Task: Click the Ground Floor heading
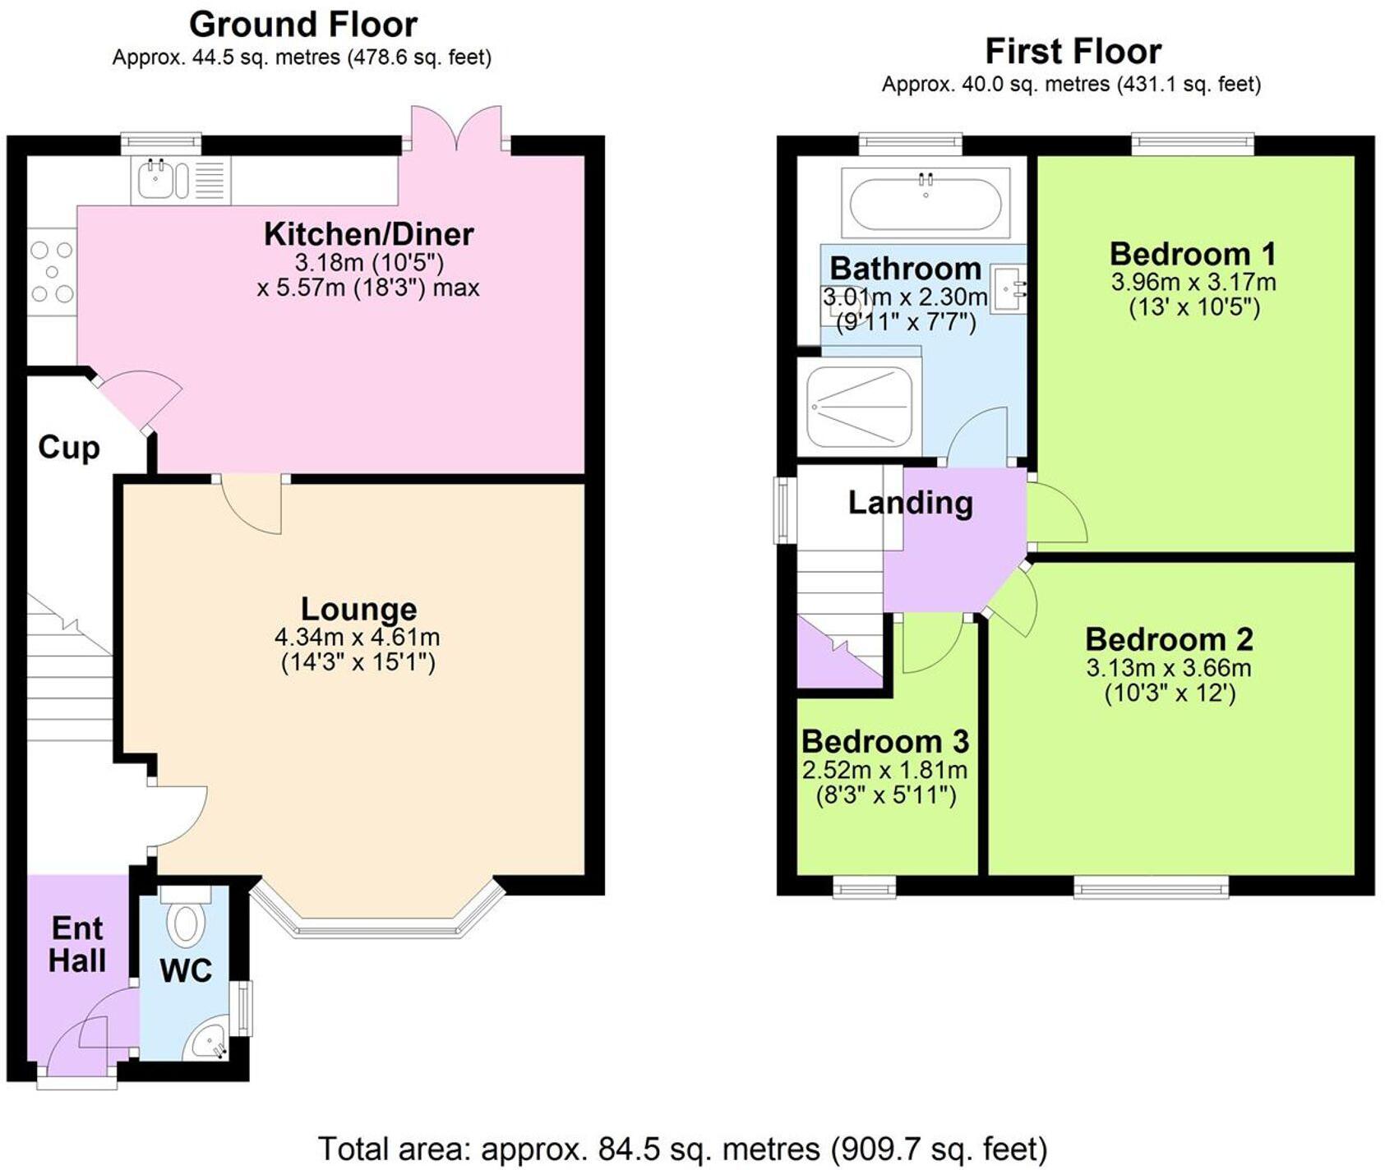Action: coord(303,25)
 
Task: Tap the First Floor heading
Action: coord(1073,51)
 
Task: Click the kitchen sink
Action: coord(155,180)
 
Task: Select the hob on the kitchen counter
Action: coord(51,271)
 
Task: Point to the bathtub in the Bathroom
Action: coord(926,203)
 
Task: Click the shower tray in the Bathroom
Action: coord(859,406)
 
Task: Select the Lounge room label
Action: coord(358,609)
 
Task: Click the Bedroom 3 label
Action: coord(885,741)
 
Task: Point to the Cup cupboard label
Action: coord(69,447)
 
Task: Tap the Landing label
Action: coord(910,502)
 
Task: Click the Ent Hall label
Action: coord(77,944)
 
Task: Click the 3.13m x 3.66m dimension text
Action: coord(1168,667)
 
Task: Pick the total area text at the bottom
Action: coord(682,1148)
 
